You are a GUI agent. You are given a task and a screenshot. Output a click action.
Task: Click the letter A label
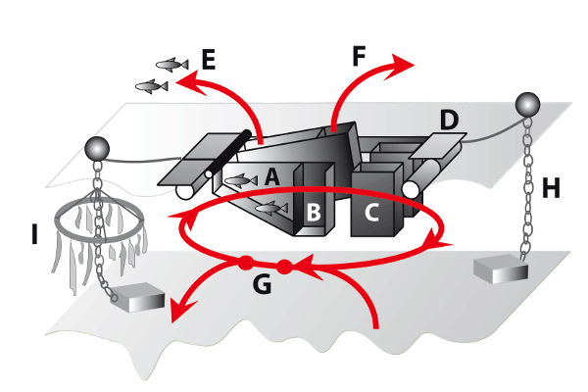click(x=271, y=177)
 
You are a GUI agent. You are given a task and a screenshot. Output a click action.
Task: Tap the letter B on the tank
click(x=314, y=211)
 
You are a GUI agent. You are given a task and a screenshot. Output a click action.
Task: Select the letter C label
click(x=371, y=211)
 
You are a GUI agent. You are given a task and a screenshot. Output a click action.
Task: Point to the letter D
click(x=448, y=121)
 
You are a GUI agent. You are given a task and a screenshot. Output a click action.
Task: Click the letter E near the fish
click(x=208, y=60)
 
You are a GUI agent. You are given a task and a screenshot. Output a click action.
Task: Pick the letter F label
click(x=362, y=56)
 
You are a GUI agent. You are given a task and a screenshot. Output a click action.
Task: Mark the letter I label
click(x=35, y=235)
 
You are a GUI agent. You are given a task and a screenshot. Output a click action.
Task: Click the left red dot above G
click(x=245, y=263)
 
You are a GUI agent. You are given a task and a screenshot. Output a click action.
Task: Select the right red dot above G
click(x=285, y=266)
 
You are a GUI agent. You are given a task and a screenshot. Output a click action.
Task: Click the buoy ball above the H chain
click(x=527, y=103)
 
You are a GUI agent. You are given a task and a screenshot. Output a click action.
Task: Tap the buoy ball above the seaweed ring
click(x=97, y=148)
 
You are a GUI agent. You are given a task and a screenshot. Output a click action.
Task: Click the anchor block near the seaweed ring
click(x=137, y=299)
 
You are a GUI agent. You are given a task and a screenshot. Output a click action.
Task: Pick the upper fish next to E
click(x=171, y=65)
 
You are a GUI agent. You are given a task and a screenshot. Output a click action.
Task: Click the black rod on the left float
click(x=224, y=155)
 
